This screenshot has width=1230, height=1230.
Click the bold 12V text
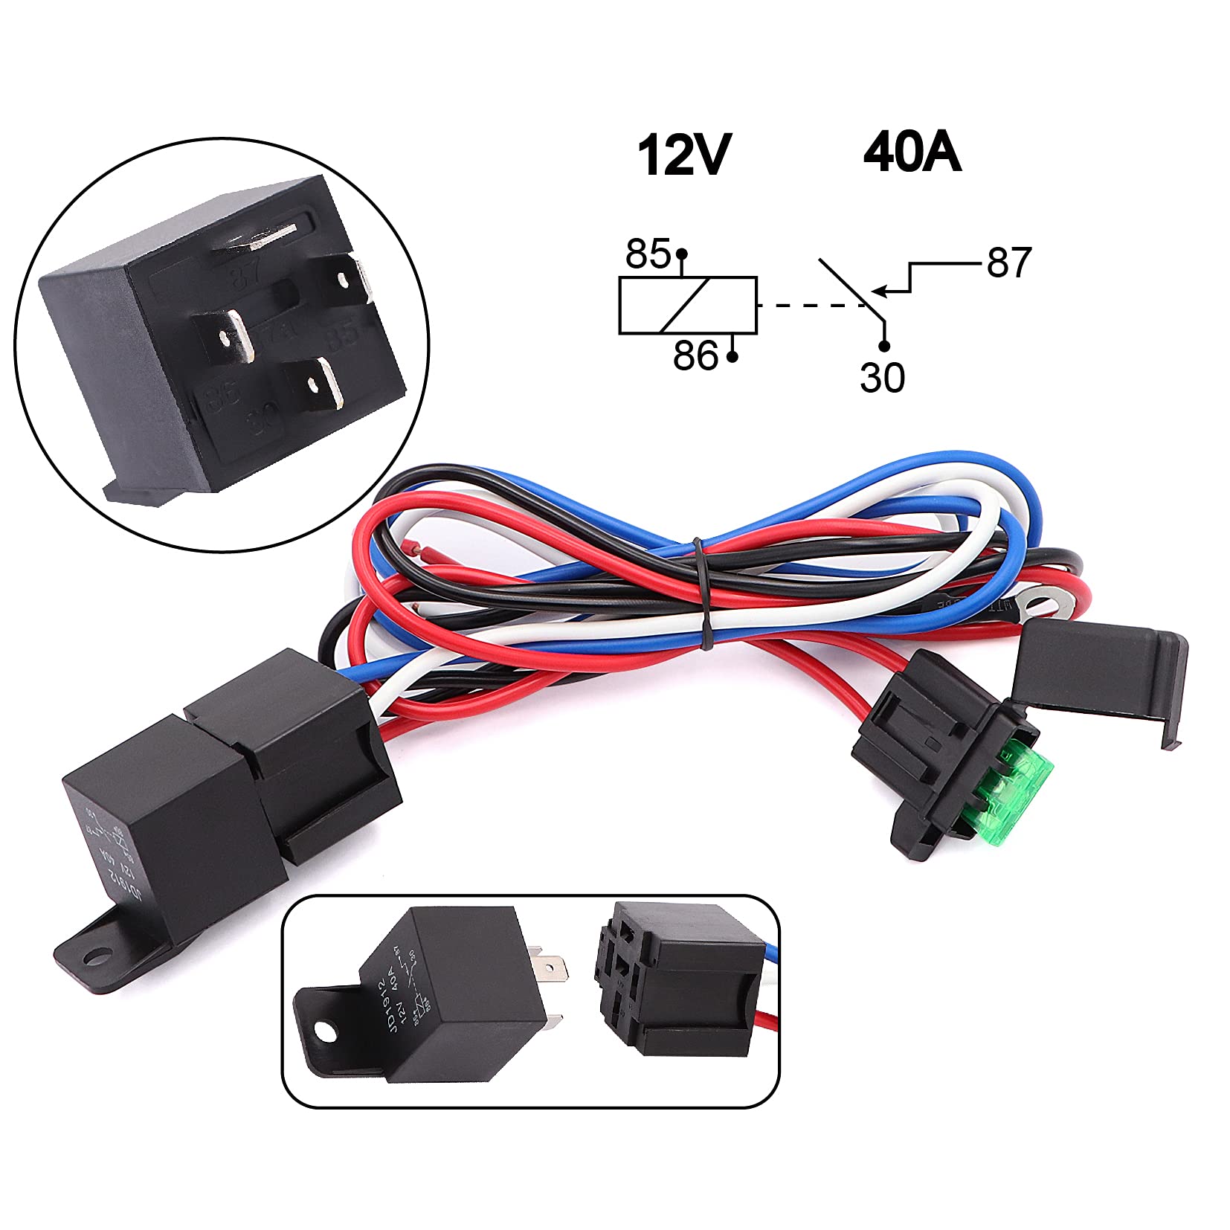(x=683, y=155)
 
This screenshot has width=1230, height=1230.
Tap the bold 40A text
(x=912, y=152)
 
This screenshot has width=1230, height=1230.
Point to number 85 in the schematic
(x=647, y=254)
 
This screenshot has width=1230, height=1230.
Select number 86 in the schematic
(x=695, y=356)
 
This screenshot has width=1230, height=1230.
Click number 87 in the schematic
(x=1009, y=263)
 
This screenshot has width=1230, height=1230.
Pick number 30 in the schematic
(x=882, y=378)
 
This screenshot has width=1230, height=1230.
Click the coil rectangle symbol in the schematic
(x=688, y=305)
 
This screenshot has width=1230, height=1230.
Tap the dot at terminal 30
(x=884, y=346)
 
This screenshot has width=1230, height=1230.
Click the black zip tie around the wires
(x=701, y=592)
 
